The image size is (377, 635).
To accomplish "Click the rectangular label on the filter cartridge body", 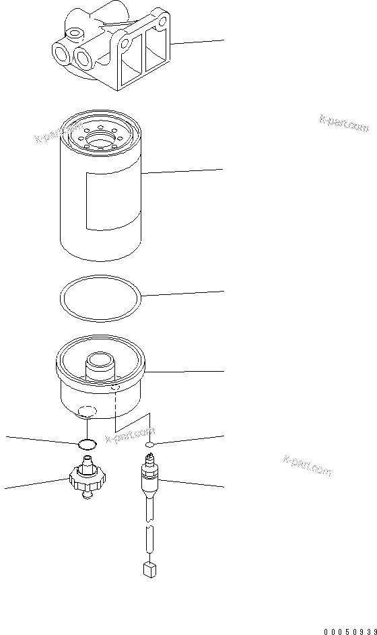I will [112, 201].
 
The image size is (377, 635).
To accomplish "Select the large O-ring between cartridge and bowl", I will [100, 296].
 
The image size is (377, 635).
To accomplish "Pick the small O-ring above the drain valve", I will [88, 443].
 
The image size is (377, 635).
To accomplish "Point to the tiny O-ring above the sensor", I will [151, 445].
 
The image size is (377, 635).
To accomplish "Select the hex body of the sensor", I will [150, 479].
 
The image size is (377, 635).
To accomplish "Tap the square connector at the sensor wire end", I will [149, 570].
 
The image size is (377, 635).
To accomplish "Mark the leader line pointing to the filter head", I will [199, 42].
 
